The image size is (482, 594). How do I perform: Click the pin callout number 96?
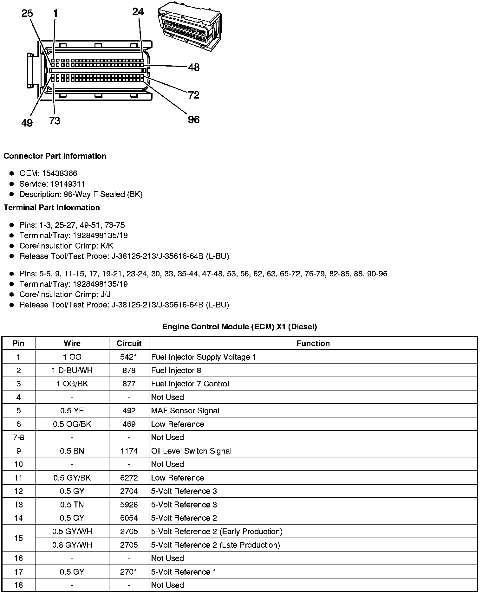[x=193, y=119]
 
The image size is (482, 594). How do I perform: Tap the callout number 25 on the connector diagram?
[x=27, y=13]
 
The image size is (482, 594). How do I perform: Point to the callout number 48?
[x=193, y=67]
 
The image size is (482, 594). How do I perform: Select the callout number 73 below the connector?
[x=55, y=121]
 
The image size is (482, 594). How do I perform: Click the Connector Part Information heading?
[x=55, y=156]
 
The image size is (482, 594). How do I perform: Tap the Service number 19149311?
[x=68, y=184]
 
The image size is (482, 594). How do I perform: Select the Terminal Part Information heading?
[x=52, y=208]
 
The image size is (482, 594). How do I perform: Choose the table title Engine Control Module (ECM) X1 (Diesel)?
[x=239, y=326]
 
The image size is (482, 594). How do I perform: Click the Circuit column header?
[x=129, y=343]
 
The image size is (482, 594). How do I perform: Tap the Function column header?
[x=313, y=343]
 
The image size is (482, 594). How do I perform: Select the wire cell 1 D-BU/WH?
[x=72, y=371]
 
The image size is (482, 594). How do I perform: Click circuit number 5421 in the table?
[x=129, y=357]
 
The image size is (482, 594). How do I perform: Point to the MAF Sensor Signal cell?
[x=185, y=411]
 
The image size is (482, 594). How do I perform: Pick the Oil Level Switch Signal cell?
[x=191, y=451]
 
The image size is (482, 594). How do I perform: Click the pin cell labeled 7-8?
[x=18, y=438]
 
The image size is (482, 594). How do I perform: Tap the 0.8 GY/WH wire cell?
[x=72, y=545]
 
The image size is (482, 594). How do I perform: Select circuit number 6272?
[x=129, y=478]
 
